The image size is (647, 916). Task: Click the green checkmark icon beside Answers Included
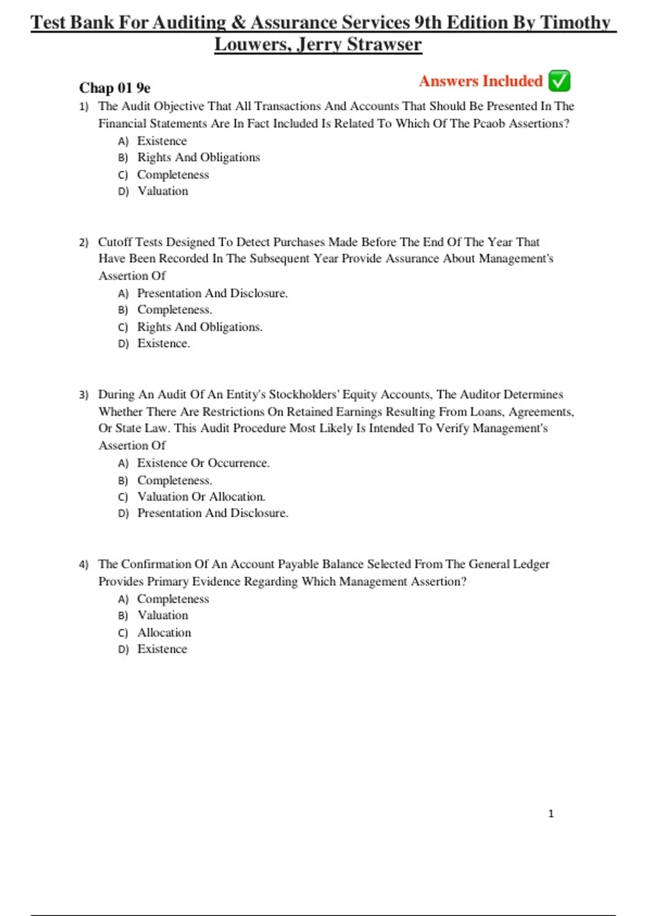[x=559, y=81]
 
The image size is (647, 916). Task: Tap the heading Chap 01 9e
[x=115, y=88]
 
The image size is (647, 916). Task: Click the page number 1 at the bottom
[x=550, y=814]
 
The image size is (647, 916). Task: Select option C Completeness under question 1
[x=173, y=175]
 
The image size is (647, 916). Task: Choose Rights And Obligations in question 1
[x=198, y=157]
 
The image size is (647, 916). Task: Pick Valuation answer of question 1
[x=162, y=191]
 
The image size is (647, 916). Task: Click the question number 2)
[x=84, y=242]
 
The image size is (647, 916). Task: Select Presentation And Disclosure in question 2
[x=212, y=293]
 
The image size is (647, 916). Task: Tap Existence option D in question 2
[x=163, y=343]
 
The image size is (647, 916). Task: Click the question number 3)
[x=84, y=395]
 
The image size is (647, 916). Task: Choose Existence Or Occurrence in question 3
[x=203, y=463]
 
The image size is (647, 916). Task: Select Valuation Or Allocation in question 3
[x=201, y=497]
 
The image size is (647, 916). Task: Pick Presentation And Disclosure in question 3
[x=212, y=513]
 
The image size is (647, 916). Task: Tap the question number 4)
[x=84, y=565]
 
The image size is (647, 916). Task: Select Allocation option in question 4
[x=164, y=633]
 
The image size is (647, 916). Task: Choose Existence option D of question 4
[x=162, y=649]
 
